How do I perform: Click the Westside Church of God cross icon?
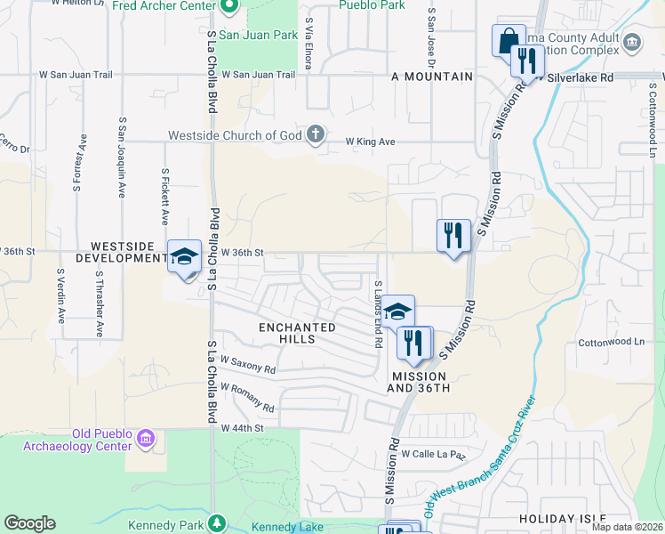coord(315,134)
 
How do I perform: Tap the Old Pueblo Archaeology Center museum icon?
coord(146,438)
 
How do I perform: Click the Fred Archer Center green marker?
coord(228,8)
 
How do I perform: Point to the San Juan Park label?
coord(259,36)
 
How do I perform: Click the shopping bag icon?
coord(507,41)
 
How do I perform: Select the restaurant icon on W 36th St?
coord(453,236)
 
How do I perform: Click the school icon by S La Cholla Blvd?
coord(184,258)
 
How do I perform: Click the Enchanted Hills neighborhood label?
coord(297,333)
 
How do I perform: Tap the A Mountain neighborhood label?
coord(431,77)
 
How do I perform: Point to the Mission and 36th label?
coord(421,383)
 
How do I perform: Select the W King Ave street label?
coord(370,142)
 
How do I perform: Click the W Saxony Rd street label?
coord(249,365)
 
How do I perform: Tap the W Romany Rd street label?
coord(248,398)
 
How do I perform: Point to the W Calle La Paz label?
coord(433,454)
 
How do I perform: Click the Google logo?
coord(29,523)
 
